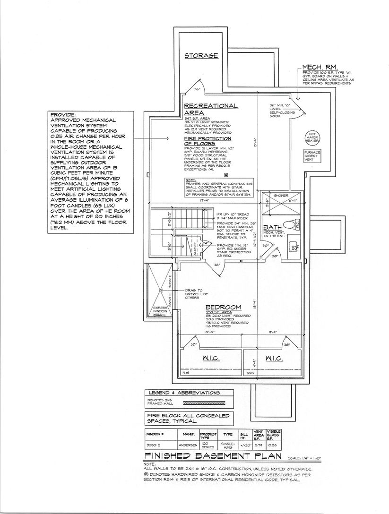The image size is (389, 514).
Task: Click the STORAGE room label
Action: [x=201, y=56]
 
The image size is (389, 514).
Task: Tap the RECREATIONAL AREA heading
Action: [x=210, y=109]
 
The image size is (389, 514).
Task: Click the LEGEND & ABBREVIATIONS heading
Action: [x=184, y=393]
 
